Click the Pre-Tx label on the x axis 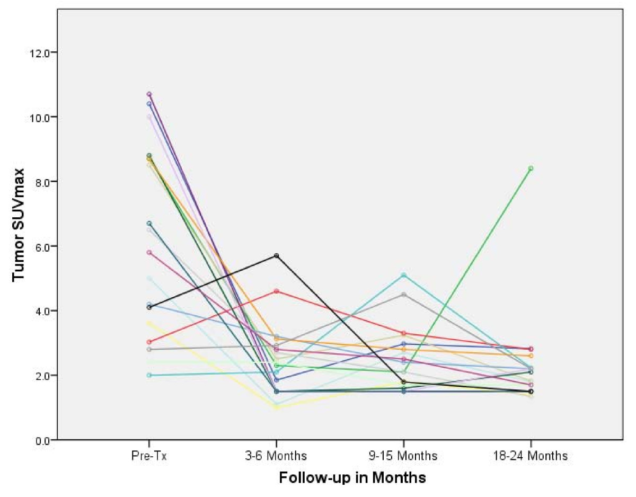149,456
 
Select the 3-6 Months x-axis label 276,456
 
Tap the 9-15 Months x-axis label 403,456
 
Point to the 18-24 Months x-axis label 531,456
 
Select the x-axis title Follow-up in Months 352,478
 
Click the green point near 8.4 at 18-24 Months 531,168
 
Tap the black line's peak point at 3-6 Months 276,256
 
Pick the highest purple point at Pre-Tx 149,94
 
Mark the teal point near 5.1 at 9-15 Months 403,275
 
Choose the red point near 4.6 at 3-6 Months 276,291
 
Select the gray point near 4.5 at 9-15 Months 403,295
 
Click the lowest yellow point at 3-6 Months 276,407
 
